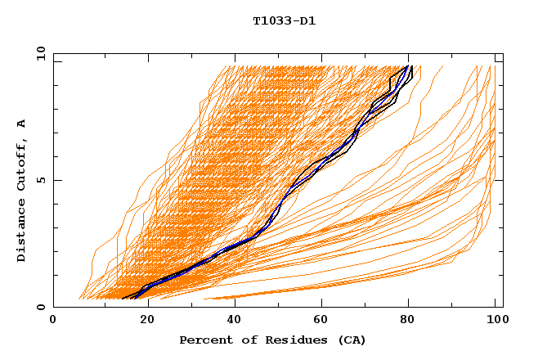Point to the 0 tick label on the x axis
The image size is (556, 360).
coord(53,322)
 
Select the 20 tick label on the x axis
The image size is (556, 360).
coord(142,322)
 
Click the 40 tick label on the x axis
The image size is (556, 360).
coord(231,322)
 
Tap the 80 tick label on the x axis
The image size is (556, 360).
coord(408,322)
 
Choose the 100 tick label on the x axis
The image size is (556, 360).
coord(496,322)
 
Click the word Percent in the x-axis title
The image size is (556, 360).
coord(204,340)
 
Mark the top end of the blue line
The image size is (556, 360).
coord(408,66)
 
